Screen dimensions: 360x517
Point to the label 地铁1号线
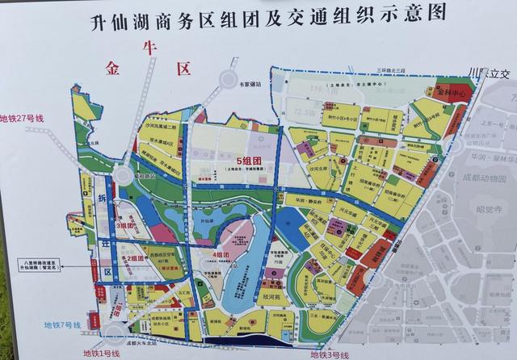tap(101, 353)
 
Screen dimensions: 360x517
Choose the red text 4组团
tap(219, 254)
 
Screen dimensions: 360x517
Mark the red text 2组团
tap(132, 258)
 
